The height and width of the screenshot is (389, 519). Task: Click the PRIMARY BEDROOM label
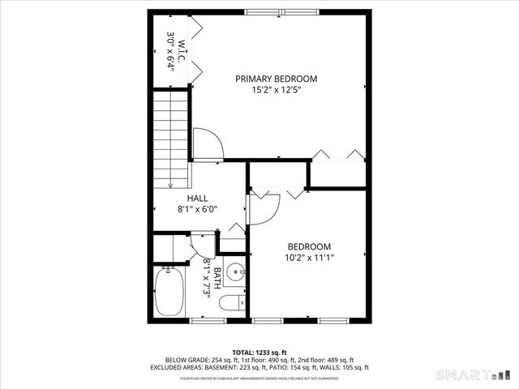point(276,79)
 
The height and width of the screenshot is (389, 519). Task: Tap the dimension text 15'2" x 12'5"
point(276,91)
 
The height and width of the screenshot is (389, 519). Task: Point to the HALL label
point(197,198)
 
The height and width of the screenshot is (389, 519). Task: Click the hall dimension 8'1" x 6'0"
point(197,209)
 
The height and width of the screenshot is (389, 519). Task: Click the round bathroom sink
point(235,271)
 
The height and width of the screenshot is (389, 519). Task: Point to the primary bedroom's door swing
point(209,143)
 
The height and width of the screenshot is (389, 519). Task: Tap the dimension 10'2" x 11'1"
point(309,258)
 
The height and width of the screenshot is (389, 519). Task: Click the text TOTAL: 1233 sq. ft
point(259,352)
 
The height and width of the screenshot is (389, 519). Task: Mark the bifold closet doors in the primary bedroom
point(336,155)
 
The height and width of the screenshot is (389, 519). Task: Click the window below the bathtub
point(206,322)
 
